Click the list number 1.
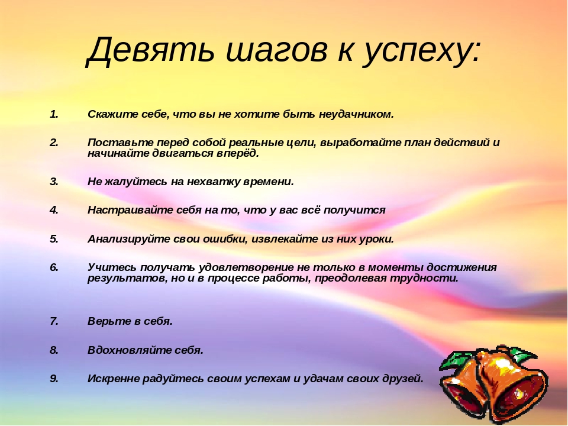coord(54,114)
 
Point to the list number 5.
coord(54,238)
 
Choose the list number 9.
coord(54,379)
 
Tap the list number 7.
coord(54,321)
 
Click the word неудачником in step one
coord(356,114)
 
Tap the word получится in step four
coord(354,210)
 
